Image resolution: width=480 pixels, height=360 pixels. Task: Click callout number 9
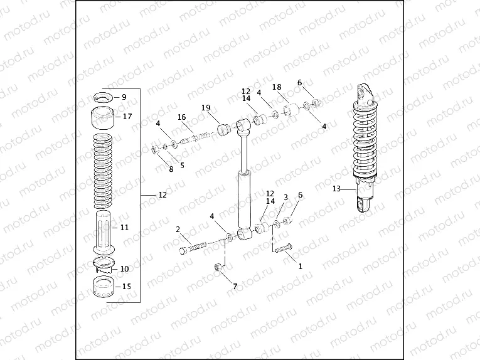[x=124, y=97]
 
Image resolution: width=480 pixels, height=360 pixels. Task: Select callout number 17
[x=127, y=117]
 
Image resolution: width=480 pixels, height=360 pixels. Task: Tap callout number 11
[x=124, y=228]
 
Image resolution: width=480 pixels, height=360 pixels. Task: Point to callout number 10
[x=124, y=269]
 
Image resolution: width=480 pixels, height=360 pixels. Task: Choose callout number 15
[x=127, y=287]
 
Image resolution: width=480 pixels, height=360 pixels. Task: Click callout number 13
[x=336, y=189]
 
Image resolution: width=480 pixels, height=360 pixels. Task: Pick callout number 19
[x=205, y=109]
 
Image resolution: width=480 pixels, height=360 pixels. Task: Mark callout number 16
[x=181, y=117]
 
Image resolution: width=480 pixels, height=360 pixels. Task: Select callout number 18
[x=277, y=87]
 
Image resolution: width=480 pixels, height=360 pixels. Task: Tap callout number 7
[x=235, y=287]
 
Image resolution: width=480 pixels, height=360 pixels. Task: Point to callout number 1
[x=300, y=266]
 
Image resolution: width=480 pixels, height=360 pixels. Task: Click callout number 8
[x=171, y=169]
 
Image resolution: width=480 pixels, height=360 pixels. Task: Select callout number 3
[x=285, y=197]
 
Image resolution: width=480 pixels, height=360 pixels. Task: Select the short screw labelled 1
[x=283, y=248]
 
